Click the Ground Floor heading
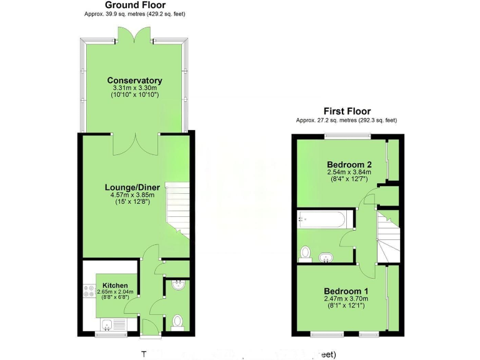coord(135,4)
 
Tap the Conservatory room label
coord(134,81)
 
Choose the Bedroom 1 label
coord(346,291)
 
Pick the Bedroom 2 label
coord(346,164)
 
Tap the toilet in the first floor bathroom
coord(306,252)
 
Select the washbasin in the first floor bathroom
coord(326,257)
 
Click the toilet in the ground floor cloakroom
coord(177,321)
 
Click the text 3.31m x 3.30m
coord(134,89)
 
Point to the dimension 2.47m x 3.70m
coord(346,299)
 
